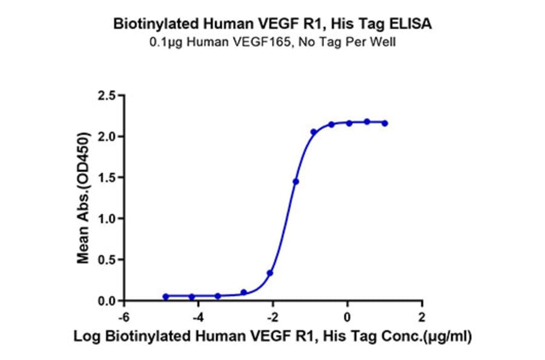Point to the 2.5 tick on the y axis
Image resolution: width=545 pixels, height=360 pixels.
[107, 95]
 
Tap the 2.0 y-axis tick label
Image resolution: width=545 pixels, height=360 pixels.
[107, 136]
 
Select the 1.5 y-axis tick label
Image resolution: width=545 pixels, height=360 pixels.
[107, 178]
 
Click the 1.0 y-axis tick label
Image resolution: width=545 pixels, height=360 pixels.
[107, 219]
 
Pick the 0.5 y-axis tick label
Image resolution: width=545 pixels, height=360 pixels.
[107, 260]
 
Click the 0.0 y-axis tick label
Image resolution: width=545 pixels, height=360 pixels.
[107, 301]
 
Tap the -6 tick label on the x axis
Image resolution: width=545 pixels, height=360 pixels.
[123, 316]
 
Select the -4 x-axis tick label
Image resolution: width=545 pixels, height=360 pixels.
[197, 316]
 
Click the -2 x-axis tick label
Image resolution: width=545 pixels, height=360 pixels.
[272, 316]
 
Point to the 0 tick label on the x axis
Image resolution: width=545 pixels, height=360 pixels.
[348, 316]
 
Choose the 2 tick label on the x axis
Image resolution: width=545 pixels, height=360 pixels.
[422, 316]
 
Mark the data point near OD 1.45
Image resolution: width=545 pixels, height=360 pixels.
[296, 181]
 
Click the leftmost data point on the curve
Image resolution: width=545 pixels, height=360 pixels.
[166, 296]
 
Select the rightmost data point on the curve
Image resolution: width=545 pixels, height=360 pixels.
[386, 123]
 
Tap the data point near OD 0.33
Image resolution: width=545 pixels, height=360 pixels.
[269, 273]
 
